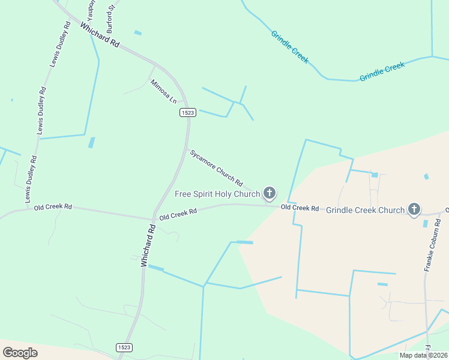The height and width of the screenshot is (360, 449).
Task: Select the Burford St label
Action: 110,19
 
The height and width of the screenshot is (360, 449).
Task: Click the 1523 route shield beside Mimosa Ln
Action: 188,113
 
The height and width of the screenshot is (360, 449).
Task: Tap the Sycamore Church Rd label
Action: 216,167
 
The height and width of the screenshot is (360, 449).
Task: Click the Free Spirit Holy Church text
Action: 217,194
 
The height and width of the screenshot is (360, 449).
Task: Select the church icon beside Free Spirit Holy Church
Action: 270,193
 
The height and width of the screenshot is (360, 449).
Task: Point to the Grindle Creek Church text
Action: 365,210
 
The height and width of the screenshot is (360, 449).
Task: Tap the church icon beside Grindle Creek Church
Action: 414,209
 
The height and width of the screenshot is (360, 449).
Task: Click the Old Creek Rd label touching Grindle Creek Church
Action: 300,208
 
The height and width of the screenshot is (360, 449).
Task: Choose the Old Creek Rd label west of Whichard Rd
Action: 53,207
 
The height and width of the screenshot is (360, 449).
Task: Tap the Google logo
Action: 20,352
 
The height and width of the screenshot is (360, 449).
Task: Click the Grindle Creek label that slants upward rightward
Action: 382,71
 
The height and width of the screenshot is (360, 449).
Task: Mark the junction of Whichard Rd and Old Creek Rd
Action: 153,219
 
